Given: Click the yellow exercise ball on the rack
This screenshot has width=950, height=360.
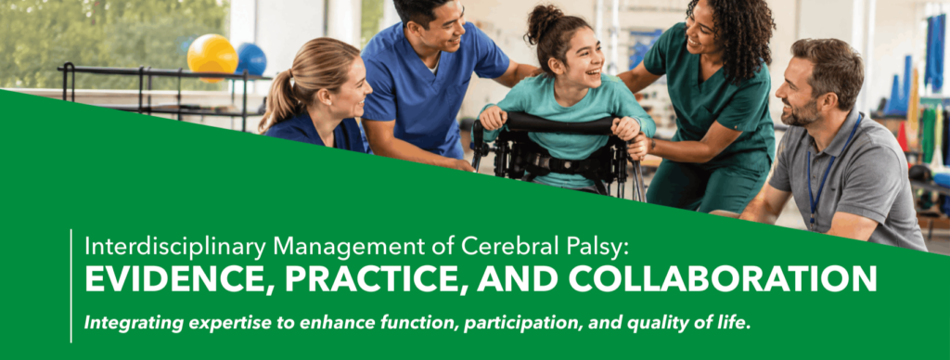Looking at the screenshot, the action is (212, 56).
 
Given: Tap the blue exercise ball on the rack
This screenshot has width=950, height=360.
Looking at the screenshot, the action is (250, 58).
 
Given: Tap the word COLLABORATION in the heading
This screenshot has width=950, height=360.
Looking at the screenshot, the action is (722, 278).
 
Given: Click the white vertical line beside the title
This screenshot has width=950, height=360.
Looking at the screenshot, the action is (71, 286).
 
